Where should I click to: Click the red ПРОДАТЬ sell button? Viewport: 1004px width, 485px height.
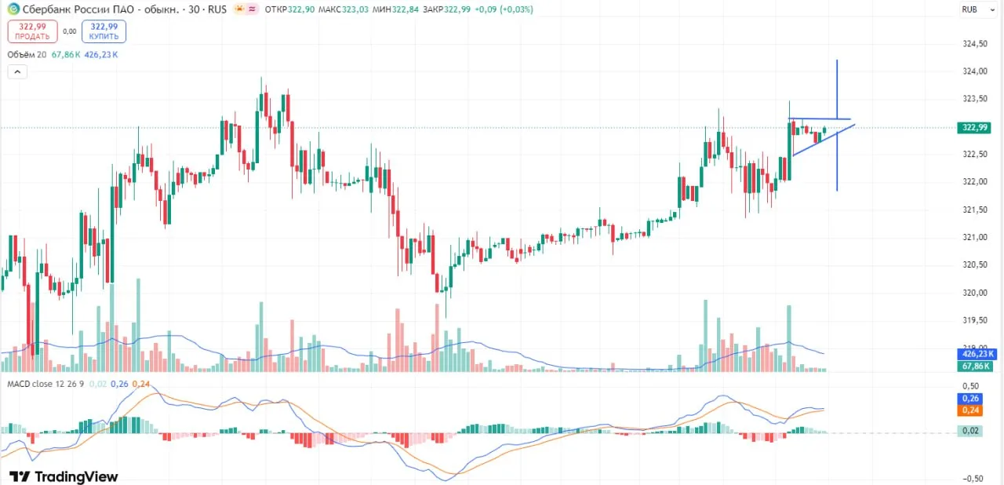32,31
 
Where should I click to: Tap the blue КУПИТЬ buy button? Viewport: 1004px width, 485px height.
104,31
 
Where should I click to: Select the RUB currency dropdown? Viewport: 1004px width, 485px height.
977,9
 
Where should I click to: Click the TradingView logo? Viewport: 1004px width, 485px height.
64,476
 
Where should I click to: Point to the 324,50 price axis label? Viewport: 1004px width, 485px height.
975,43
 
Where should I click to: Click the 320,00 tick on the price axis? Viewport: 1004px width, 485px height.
975,293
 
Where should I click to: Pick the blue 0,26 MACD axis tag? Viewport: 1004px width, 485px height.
970,399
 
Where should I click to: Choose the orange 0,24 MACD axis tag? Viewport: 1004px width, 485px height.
970,410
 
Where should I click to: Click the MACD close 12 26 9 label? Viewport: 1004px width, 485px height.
45,384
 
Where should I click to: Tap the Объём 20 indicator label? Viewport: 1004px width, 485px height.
27,55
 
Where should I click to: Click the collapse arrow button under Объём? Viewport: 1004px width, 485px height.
17,71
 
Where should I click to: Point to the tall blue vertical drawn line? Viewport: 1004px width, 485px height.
837,125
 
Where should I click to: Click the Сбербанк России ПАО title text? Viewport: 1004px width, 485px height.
78,9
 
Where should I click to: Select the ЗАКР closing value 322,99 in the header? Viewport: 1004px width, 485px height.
457,9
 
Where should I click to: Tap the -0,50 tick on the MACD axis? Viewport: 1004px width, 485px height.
973,479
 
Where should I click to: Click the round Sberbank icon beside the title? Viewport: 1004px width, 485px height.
14,9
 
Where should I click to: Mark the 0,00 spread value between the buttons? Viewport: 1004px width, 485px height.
70,31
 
